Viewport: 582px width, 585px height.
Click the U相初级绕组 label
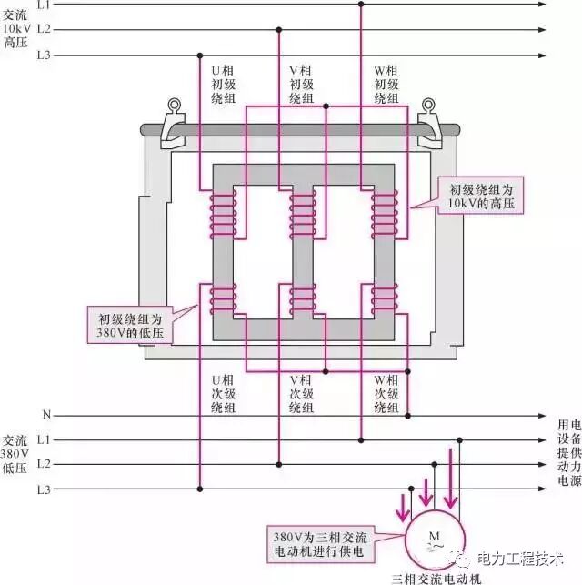[223, 84]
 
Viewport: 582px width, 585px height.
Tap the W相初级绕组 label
[386, 84]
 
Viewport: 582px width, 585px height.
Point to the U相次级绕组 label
[223, 394]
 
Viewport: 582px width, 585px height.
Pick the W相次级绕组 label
[386, 394]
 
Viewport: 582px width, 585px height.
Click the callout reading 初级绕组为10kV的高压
[481, 197]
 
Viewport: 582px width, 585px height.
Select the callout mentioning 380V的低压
[135, 327]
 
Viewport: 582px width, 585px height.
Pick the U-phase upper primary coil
[222, 216]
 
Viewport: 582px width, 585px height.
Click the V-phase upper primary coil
[303, 216]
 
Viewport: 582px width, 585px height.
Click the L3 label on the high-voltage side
[44, 55]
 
